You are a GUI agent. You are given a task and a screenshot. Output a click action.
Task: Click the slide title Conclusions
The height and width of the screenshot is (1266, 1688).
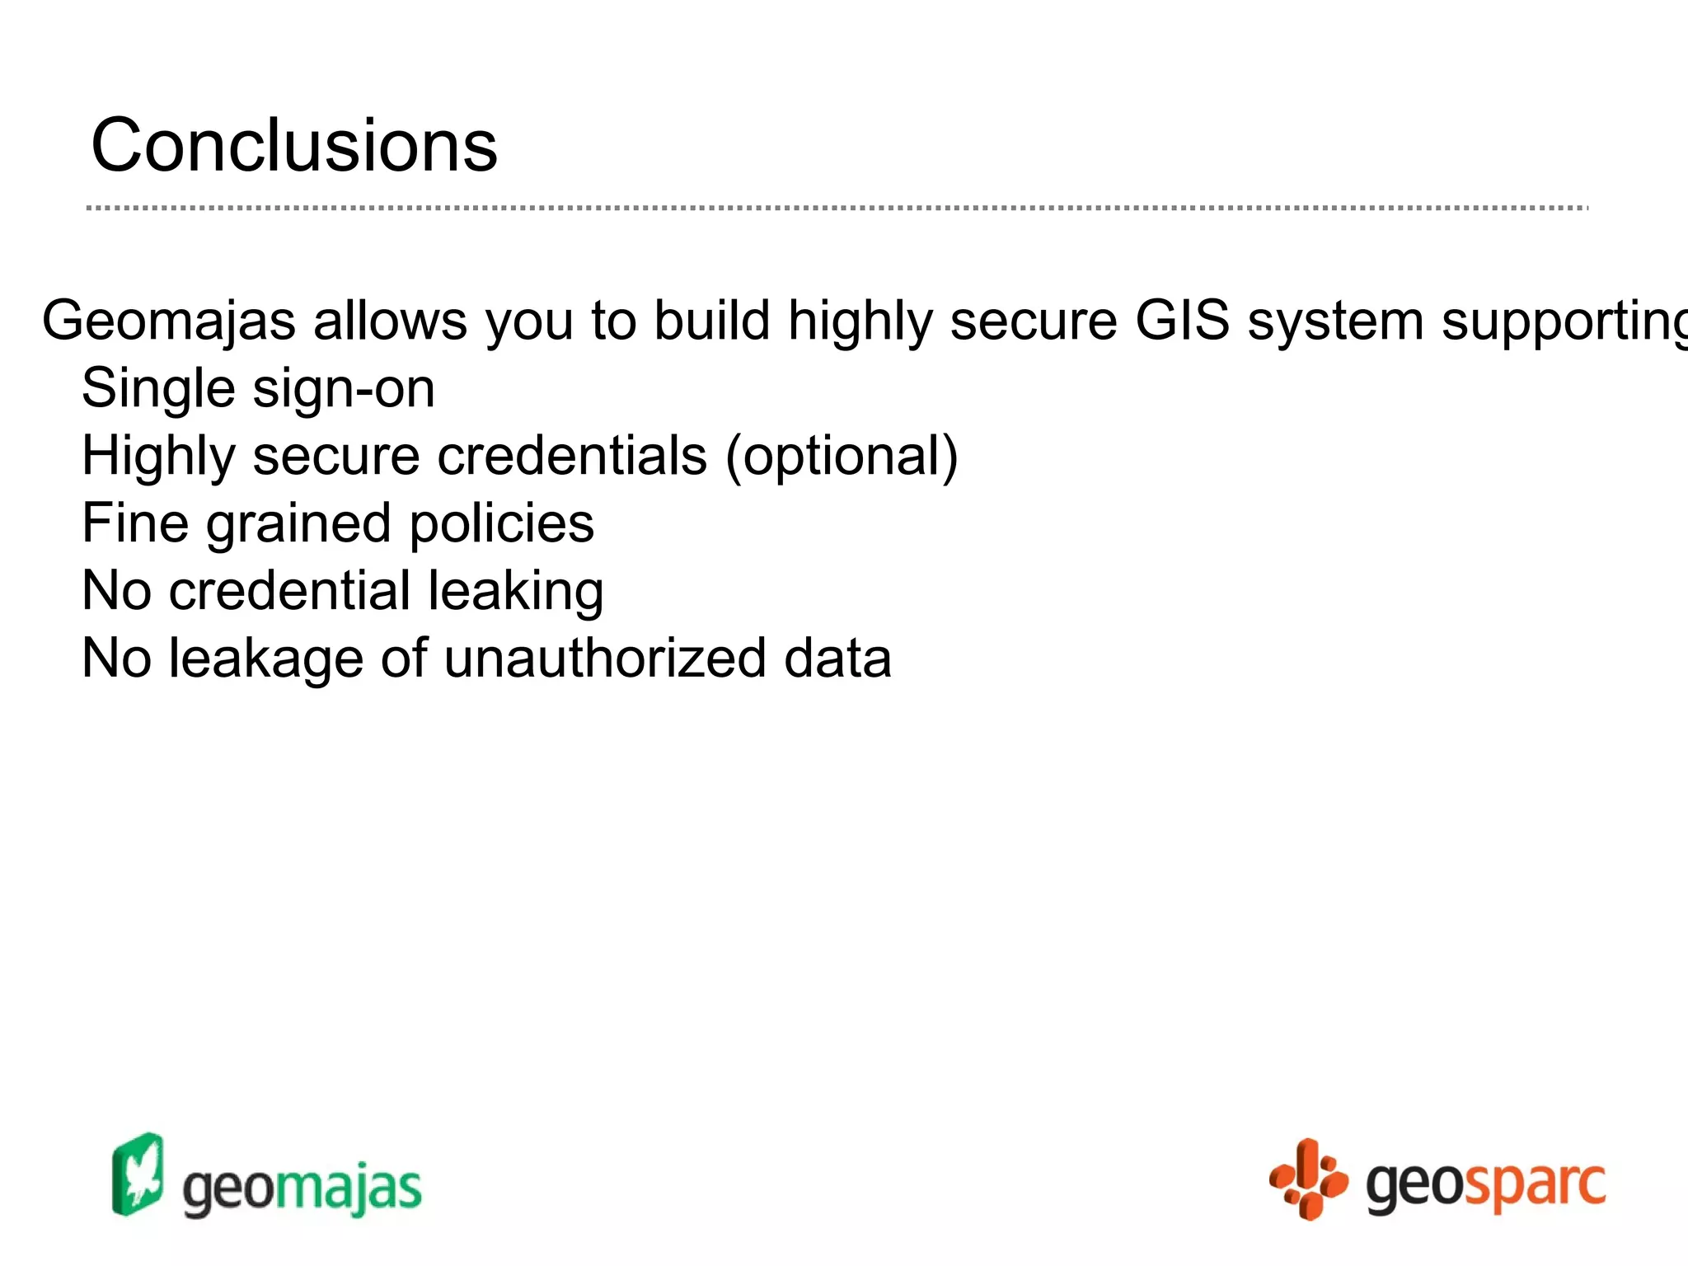click(294, 146)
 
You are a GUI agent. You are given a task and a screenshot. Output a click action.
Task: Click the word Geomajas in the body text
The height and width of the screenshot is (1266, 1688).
click(168, 321)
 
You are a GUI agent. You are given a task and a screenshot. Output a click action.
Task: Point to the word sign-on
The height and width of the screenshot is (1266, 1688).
click(344, 390)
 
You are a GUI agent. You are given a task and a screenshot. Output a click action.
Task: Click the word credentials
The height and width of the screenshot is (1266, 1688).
click(572, 456)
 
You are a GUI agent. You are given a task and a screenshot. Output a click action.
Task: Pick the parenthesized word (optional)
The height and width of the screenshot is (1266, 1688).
click(842, 457)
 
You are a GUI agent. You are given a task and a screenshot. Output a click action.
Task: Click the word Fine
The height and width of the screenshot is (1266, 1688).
click(135, 523)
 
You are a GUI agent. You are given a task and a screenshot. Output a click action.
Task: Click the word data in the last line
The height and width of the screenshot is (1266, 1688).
click(837, 659)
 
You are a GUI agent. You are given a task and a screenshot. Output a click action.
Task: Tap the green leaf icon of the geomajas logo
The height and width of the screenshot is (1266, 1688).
click(138, 1175)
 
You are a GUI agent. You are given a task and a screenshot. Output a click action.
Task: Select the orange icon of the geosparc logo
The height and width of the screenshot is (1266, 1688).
click(1307, 1179)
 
